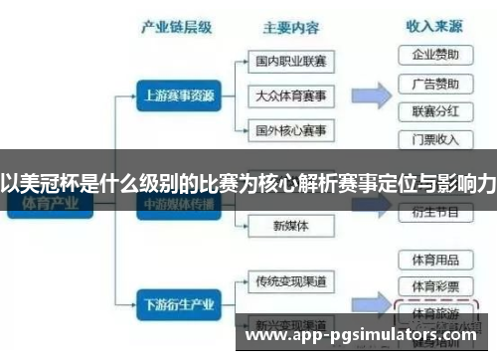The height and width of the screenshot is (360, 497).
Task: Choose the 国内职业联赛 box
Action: [290, 62]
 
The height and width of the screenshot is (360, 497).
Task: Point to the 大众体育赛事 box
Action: [290, 95]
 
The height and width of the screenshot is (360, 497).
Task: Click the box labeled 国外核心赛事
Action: [290, 130]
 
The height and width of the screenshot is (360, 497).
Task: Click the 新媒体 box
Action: [290, 226]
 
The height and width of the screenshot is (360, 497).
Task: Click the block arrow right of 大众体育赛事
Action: [370, 96]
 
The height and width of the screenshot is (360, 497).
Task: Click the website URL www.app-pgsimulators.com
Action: [361, 337]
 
